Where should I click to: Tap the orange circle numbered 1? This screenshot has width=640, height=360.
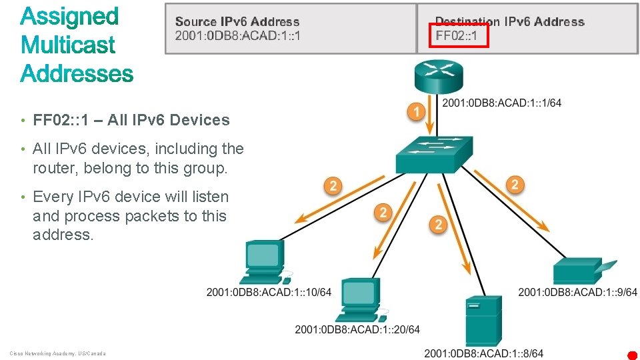pyautogui.click(x=417, y=112)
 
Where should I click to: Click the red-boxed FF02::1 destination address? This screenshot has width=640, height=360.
pyautogui.click(x=457, y=35)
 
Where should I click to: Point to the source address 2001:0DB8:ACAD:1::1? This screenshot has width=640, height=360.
pyautogui.click(x=237, y=35)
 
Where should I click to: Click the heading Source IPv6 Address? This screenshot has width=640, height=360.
pyautogui.click(x=237, y=22)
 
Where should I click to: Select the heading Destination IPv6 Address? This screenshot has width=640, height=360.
pyautogui.click(x=509, y=22)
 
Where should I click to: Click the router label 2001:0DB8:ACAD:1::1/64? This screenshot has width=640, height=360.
pyautogui.click(x=502, y=103)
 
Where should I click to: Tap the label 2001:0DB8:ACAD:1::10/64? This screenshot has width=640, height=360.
pyautogui.click(x=269, y=292)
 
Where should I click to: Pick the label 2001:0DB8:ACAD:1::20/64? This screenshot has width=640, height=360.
pyautogui.click(x=357, y=329)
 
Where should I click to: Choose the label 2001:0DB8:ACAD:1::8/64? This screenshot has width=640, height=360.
pyautogui.click(x=484, y=353)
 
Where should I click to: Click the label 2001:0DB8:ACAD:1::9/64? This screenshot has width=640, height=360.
pyautogui.click(x=577, y=292)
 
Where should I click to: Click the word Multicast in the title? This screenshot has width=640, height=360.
pyautogui.click(x=68, y=45)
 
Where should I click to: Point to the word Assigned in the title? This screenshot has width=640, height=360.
pyautogui.click(x=69, y=17)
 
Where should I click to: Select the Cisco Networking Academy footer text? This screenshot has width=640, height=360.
pyautogui.click(x=57, y=353)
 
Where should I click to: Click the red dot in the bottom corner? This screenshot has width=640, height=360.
pyautogui.click(x=632, y=355)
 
